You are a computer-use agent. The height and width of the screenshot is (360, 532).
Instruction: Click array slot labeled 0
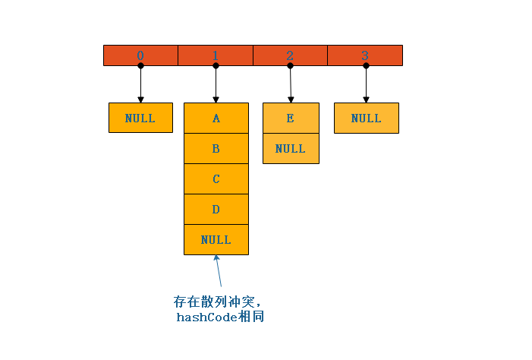[140, 55]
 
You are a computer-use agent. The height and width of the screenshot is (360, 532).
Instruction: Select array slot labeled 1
[216, 55]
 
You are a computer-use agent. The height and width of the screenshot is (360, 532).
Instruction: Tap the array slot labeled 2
[290, 55]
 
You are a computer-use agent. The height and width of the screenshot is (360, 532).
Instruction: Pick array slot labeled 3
[365, 55]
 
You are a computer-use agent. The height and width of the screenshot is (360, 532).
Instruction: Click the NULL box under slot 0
[140, 118]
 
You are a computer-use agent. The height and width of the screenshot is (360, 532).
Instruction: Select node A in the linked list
[216, 118]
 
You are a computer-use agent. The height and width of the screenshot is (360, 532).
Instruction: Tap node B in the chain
[216, 149]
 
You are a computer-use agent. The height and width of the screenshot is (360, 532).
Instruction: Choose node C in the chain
[216, 179]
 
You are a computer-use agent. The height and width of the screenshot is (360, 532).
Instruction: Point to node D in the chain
[216, 210]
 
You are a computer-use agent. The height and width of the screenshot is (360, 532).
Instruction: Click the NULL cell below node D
[216, 240]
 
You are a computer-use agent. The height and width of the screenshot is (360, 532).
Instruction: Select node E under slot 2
[291, 118]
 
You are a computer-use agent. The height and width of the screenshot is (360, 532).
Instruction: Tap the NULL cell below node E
[291, 149]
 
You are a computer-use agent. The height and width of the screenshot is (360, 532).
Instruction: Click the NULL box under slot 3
[367, 118]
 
